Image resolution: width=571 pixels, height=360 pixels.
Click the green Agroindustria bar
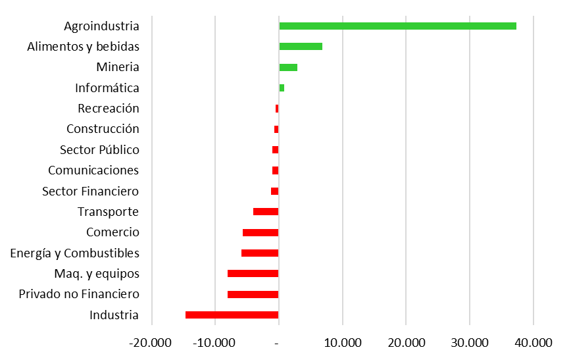(397, 26)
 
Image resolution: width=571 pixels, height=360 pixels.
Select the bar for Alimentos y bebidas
(301, 46)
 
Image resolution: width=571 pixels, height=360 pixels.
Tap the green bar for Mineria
(288, 67)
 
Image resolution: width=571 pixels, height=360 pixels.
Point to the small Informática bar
(282, 88)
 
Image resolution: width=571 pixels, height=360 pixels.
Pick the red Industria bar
(232, 315)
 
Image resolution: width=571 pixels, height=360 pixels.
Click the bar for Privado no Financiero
(253, 294)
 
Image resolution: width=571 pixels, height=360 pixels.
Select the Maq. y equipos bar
(253, 273)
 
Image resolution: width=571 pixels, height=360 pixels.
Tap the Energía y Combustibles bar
(260, 253)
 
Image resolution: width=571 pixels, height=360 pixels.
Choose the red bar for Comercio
(261, 232)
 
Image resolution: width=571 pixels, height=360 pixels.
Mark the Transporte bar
(266, 211)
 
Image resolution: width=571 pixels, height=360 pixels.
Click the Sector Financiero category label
(90, 191)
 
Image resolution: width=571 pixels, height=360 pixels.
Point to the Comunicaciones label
(93, 170)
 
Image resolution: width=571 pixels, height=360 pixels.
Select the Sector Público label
(99, 150)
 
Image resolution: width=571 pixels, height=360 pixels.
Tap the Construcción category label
(103, 129)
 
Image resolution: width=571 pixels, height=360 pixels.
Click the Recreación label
(109, 109)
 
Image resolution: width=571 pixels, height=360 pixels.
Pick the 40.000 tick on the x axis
(533, 343)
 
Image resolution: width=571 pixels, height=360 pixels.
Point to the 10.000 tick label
(342, 343)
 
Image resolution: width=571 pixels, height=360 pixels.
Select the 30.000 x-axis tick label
(469, 343)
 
